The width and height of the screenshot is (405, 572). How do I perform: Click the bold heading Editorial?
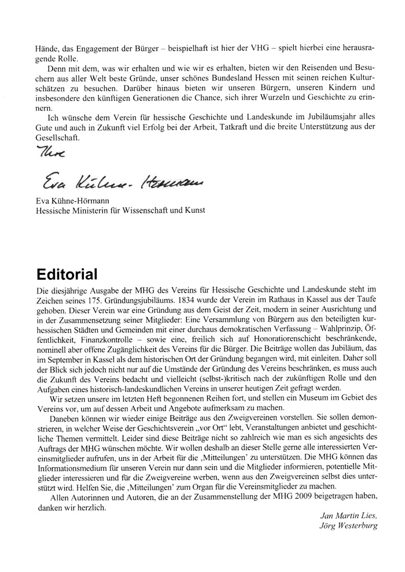(67, 272)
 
